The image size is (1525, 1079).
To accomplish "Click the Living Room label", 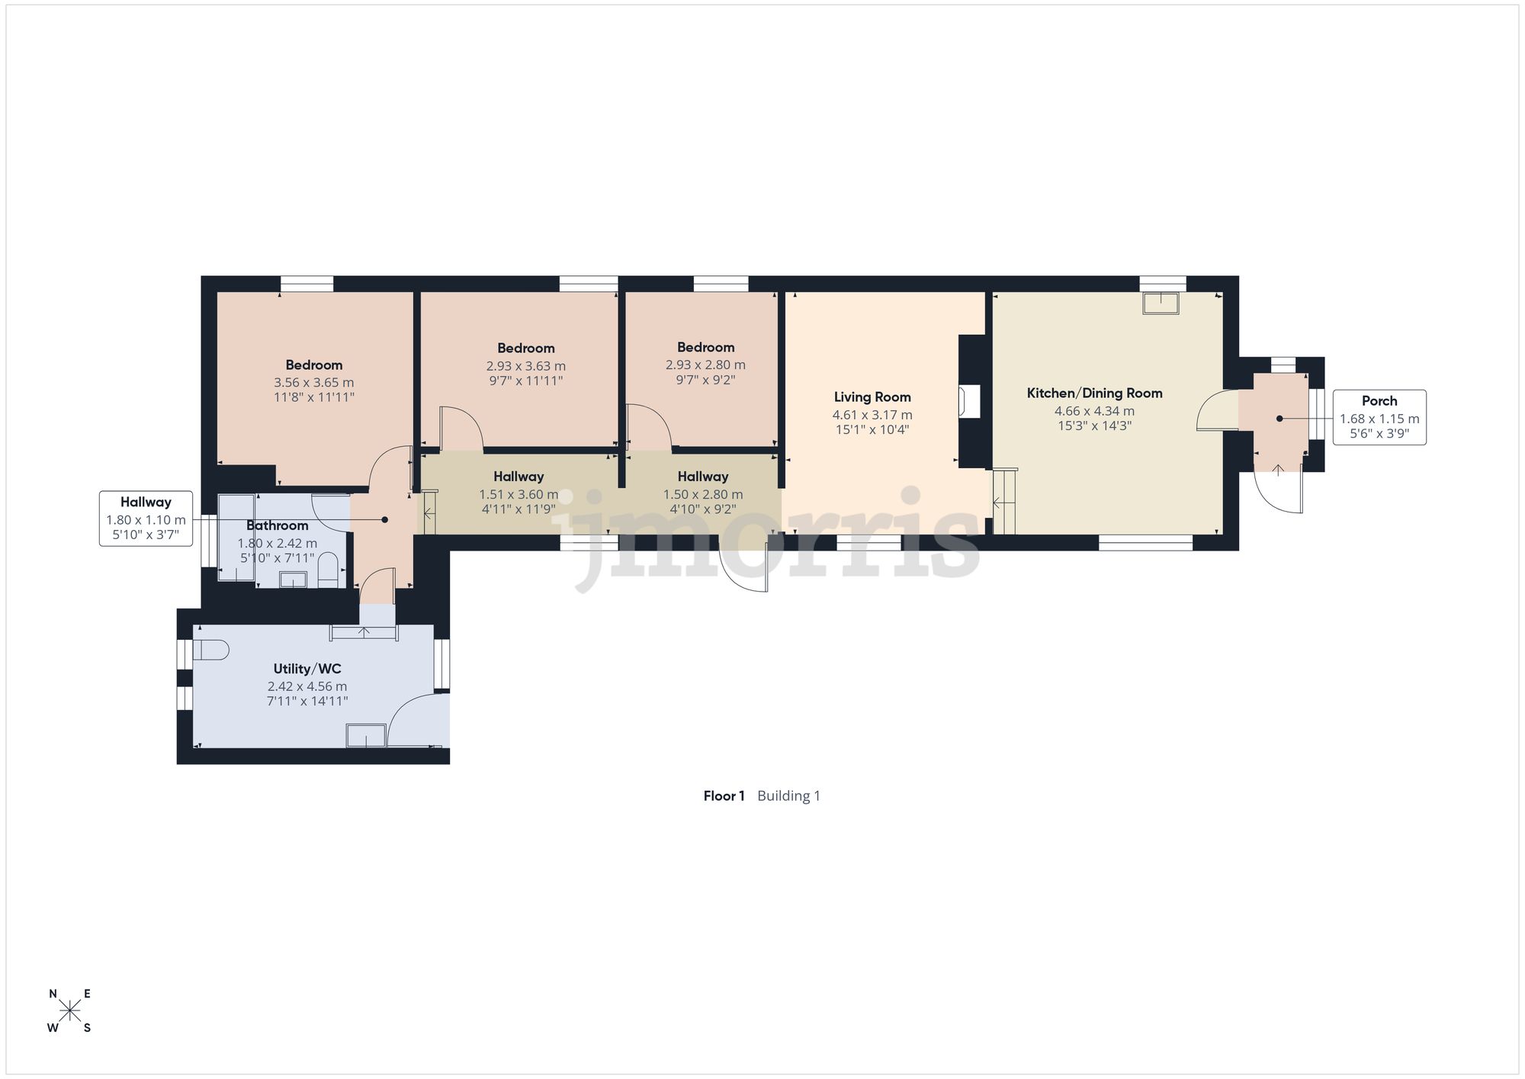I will (872, 397).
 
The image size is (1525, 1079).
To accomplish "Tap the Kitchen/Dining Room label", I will (1094, 393).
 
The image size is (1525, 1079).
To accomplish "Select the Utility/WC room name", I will (307, 669).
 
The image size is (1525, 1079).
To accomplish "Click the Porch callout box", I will (1379, 417).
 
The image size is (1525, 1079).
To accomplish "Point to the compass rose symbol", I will (70, 1011).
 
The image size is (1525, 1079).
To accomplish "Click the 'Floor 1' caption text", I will (724, 796).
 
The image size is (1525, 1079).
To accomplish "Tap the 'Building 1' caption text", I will (788, 796).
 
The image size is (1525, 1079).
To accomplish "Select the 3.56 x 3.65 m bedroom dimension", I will (314, 382).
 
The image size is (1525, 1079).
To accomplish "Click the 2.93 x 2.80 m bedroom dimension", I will (705, 364).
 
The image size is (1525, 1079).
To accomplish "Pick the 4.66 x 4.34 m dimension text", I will (1094, 411).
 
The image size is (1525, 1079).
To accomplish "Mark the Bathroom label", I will (277, 525).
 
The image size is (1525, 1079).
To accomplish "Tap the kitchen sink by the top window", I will (1161, 303).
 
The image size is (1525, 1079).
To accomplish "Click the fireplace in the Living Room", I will (969, 402).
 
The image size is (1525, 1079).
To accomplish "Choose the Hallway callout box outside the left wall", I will (146, 519).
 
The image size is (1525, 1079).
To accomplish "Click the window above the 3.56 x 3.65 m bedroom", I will (307, 284).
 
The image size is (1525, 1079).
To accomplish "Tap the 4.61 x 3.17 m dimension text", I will (872, 415).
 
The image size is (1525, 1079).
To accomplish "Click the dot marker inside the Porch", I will (1279, 419).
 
